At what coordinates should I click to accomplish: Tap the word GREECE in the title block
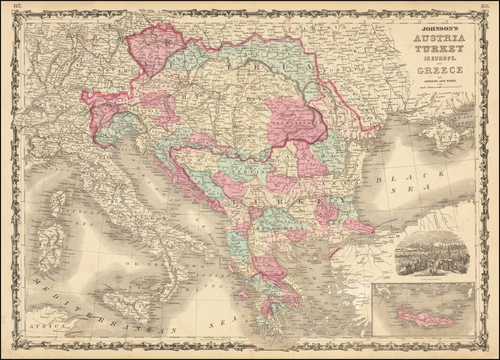coord(439,70)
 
